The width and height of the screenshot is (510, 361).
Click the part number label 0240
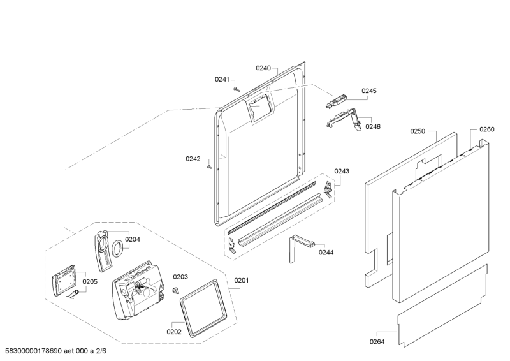263,68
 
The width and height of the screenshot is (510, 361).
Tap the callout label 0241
222,79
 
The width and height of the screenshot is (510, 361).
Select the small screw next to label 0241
236,89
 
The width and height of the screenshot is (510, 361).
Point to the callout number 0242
193,159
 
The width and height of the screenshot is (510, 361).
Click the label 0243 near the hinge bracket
342,171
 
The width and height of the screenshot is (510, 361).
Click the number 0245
368,91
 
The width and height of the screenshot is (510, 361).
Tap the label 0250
418,131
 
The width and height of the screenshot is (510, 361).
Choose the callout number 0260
486,129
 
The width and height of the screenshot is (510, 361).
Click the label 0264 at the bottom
377,342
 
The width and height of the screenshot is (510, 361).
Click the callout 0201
242,280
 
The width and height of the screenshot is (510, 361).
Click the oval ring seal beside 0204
118,248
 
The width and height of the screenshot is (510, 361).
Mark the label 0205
90,281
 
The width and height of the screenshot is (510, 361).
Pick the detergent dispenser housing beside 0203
139,290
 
